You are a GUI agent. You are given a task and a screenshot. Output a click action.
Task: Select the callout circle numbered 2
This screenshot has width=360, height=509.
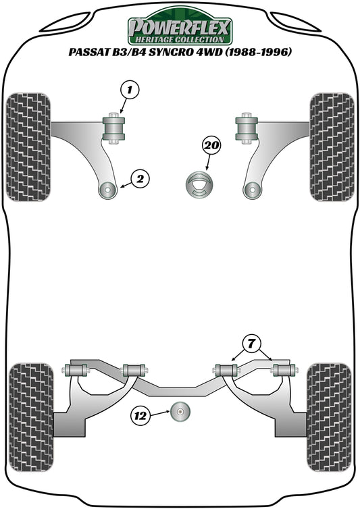click(x=140, y=179)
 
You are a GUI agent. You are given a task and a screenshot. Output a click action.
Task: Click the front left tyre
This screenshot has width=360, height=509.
click(x=28, y=146)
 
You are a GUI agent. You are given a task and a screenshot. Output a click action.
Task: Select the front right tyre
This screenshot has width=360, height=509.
click(x=332, y=146)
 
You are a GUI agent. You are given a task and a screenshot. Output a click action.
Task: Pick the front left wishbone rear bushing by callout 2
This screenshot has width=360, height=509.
click(x=108, y=191)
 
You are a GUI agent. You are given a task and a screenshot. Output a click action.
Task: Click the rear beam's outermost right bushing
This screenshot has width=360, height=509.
click(x=282, y=370)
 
